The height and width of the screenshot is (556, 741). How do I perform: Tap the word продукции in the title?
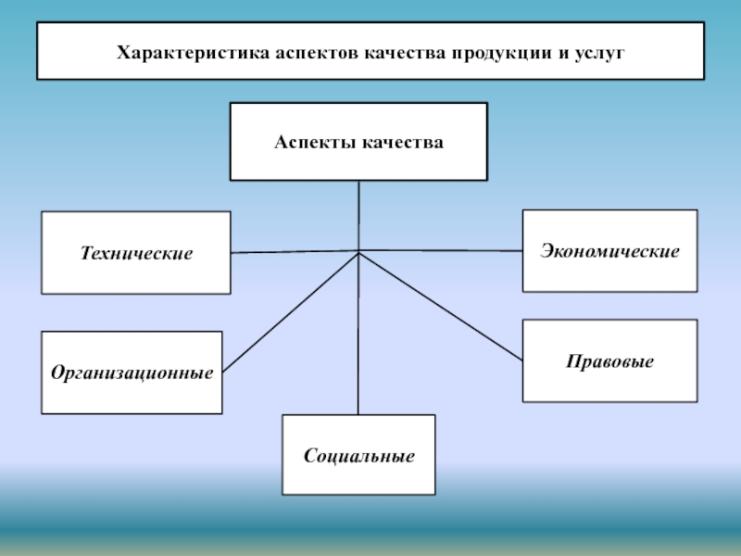click(x=502, y=53)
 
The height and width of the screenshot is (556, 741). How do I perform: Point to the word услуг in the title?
click(x=601, y=53)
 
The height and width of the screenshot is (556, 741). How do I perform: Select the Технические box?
click(x=136, y=253)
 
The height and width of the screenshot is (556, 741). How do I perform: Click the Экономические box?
click(x=609, y=251)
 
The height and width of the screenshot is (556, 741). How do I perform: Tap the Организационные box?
click(x=132, y=373)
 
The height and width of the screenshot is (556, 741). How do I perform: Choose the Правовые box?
click(x=609, y=360)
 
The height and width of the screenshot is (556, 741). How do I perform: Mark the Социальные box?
click(x=358, y=455)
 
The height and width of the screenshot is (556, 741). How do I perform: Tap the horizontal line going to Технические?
click(x=294, y=252)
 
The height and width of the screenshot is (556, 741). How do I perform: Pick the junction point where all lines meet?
click(x=358, y=252)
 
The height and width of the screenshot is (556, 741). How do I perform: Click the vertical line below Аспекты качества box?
click(x=358, y=215)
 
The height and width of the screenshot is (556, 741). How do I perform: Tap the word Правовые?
click(x=609, y=360)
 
